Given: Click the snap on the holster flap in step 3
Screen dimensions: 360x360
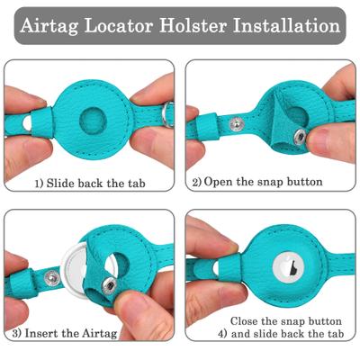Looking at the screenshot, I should point(109,285).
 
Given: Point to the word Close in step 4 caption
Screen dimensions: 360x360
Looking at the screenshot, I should point(246,321).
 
